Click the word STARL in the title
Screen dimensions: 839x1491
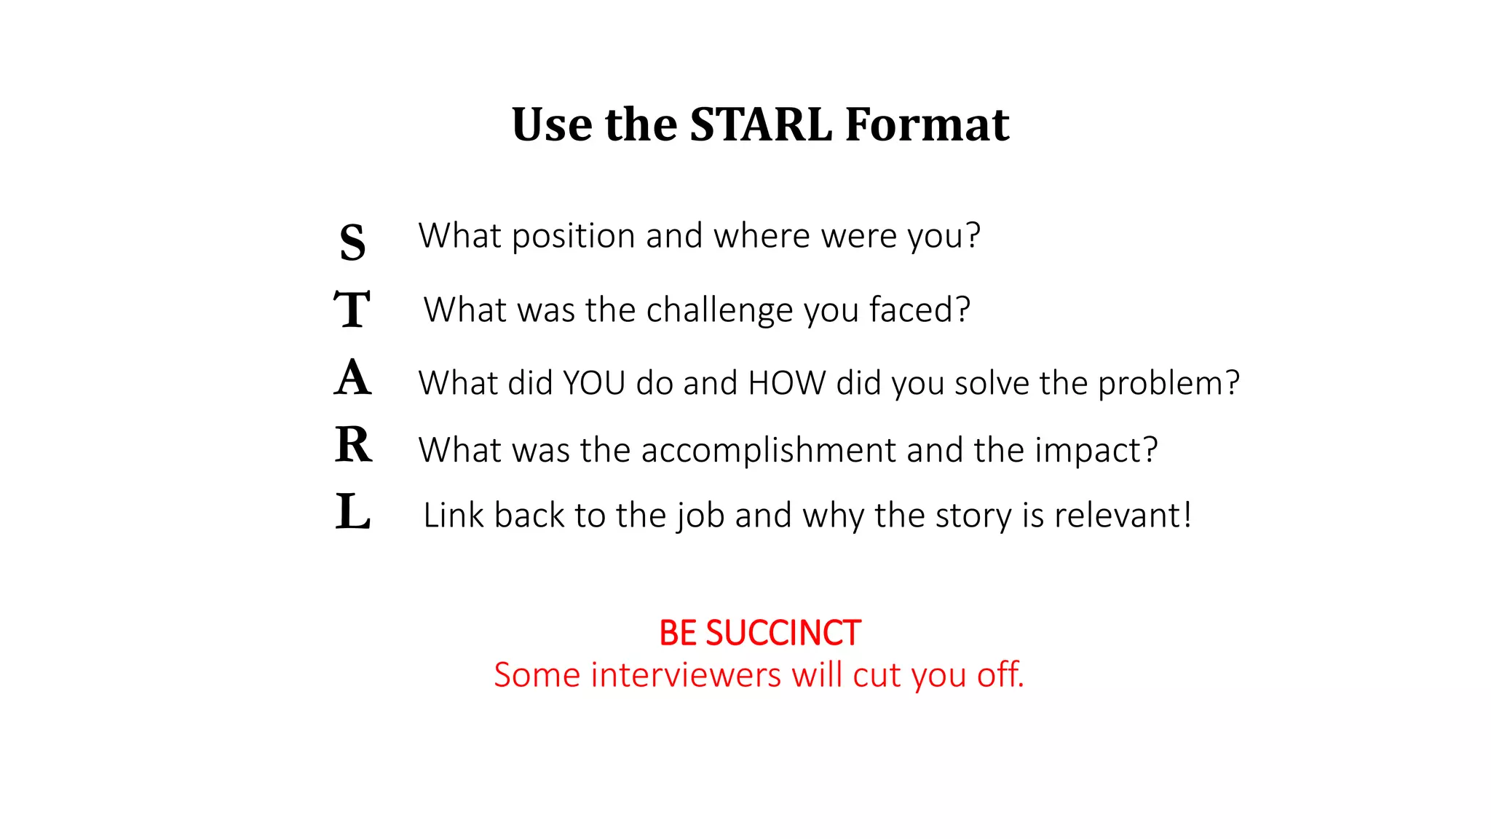tap(760, 124)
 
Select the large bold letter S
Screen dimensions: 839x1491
tap(352, 242)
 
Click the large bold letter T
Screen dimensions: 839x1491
tap(352, 309)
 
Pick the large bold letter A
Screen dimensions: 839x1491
tap(353, 377)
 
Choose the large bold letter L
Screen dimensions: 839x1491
tap(353, 511)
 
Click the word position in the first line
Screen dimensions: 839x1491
tap(574, 237)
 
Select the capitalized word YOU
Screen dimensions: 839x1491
tap(594, 383)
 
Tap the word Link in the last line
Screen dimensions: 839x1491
tap(454, 516)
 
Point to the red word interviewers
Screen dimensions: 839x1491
tap(687, 675)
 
